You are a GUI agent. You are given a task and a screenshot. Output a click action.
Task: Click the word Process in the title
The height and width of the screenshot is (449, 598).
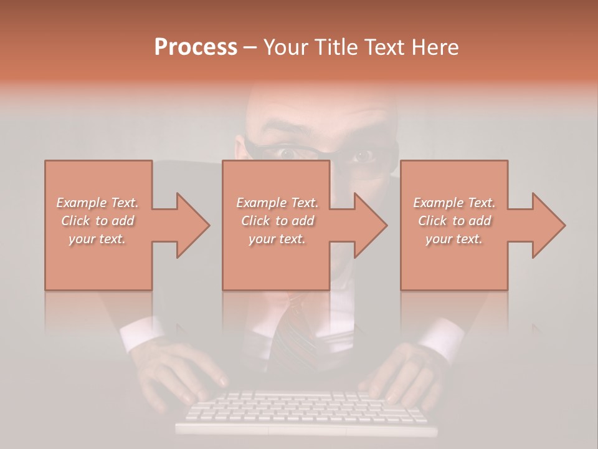[x=196, y=47]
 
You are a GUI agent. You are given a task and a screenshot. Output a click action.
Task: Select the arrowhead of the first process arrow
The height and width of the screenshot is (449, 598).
[x=192, y=225]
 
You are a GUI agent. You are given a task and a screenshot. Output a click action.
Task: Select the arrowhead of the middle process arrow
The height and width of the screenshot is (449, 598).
[x=371, y=225]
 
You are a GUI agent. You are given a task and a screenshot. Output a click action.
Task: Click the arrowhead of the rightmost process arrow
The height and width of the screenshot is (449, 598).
[x=549, y=225]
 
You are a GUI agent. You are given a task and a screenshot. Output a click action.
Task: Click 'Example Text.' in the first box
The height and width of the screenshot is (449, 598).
[x=97, y=203]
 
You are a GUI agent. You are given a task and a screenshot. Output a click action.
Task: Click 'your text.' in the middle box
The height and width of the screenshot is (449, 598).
[x=277, y=239]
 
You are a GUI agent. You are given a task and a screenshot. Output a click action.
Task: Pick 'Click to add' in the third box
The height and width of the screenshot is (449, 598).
[x=454, y=221]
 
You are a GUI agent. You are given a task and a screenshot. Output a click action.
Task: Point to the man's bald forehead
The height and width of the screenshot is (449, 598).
[x=318, y=112]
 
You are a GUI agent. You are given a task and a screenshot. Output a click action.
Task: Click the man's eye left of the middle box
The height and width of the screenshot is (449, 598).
[x=287, y=152]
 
